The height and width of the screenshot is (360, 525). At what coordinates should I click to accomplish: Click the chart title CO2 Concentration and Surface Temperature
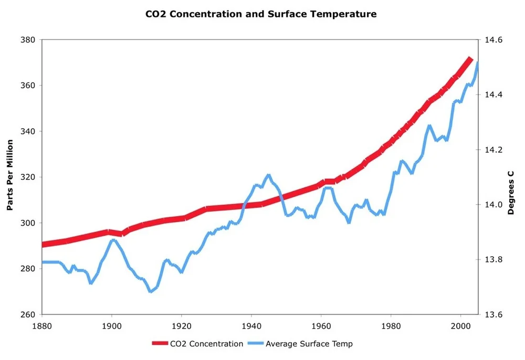click(x=261, y=14)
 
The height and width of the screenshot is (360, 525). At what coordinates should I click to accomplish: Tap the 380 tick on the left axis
click(x=28, y=39)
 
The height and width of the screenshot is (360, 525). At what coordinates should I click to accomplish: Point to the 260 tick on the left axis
click(x=28, y=314)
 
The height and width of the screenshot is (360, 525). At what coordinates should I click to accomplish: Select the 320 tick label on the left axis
click(x=28, y=177)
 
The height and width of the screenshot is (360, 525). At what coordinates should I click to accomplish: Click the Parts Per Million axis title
click(x=9, y=175)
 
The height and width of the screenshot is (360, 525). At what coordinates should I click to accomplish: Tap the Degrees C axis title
click(x=511, y=192)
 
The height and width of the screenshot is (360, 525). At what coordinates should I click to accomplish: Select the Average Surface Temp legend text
click(x=309, y=344)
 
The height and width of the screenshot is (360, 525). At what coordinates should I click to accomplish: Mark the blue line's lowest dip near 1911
click(x=151, y=291)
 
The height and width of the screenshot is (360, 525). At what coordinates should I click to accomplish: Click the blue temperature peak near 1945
click(x=268, y=175)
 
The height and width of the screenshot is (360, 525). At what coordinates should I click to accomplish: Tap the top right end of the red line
click(x=471, y=59)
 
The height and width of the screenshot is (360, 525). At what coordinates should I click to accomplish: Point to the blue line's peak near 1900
click(x=112, y=240)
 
